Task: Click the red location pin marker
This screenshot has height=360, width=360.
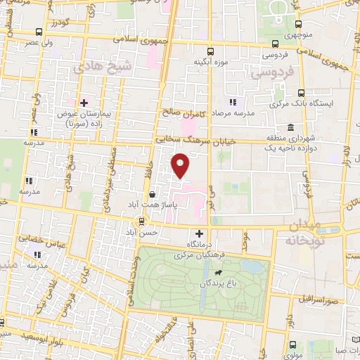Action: point(181,166)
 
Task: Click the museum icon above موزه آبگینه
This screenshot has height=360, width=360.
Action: point(198,49)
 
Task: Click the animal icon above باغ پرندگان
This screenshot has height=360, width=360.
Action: point(219,272)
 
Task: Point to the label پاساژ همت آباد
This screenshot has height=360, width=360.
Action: point(153,205)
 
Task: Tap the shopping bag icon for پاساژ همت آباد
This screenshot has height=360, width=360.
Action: point(153,193)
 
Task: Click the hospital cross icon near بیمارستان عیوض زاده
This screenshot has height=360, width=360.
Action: point(84,104)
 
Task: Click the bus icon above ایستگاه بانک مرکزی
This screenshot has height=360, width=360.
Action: point(301,92)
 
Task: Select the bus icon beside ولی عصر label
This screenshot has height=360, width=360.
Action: point(39,32)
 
